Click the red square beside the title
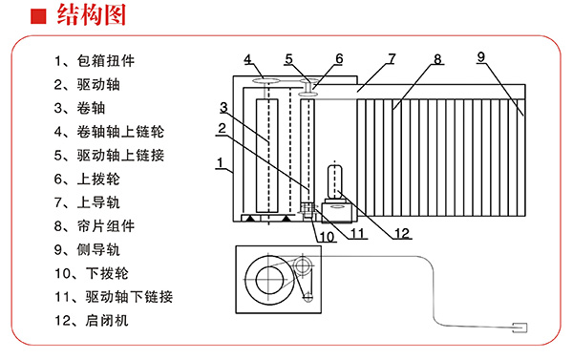tap(38, 16)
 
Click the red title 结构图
tap(92, 15)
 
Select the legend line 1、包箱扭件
tap(95, 61)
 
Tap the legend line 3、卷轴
tap(79, 108)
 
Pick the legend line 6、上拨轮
tap(87, 180)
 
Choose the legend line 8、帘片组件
tap(95, 226)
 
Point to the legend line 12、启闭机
tap(92, 321)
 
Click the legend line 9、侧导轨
tap(87, 249)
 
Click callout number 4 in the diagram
tap(247, 59)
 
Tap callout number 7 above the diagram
tap(392, 58)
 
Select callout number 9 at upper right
tap(481, 56)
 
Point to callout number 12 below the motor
tap(402, 233)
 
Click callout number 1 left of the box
tap(220, 162)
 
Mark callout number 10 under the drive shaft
tap(327, 237)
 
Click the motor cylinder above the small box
tap(334, 181)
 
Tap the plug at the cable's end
tap(520, 328)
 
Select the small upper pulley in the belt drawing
tap(303, 265)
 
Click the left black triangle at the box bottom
tap(250, 218)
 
